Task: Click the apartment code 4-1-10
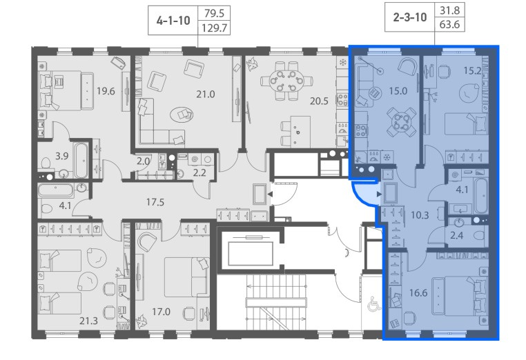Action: pyautogui.click(x=173, y=21)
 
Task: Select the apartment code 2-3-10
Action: pyautogui.click(x=410, y=17)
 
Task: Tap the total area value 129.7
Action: pyautogui.click(x=215, y=28)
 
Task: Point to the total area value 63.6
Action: pyautogui.click(x=449, y=25)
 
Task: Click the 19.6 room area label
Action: pyautogui.click(x=106, y=91)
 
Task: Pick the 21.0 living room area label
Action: pyautogui.click(x=205, y=94)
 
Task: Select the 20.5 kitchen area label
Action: pyautogui.click(x=319, y=101)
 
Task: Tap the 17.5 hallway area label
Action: pyautogui.click(x=155, y=202)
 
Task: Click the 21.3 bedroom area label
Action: pyautogui.click(x=88, y=321)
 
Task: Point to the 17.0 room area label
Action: pyautogui.click(x=161, y=312)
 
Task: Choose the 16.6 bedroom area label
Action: pyautogui.click(x=418, y=293)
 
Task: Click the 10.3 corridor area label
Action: pyautogui.click(x=420, y=215)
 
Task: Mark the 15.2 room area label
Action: pyautogui.click(x=472, y=71)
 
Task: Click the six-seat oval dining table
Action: pyautogui.click(x=286, y=81)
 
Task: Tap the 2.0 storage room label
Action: pyautogui.click(x=143, y=161)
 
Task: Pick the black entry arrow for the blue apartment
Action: pyautogui.click(x=379, y=194)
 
